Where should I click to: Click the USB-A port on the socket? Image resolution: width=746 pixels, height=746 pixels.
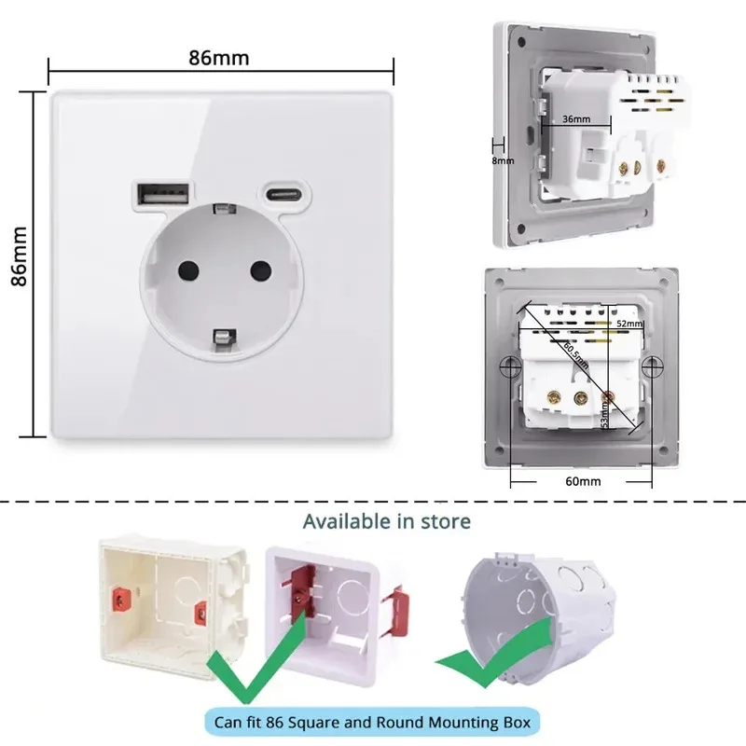click(150, 194)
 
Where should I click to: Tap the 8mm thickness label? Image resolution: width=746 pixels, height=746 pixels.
click(503, 160)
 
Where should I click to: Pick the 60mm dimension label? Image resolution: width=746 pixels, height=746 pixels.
click(583, 481)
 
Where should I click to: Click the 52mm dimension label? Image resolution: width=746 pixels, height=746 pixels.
click(630, 324)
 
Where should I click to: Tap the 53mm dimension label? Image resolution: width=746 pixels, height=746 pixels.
click(604, 408)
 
